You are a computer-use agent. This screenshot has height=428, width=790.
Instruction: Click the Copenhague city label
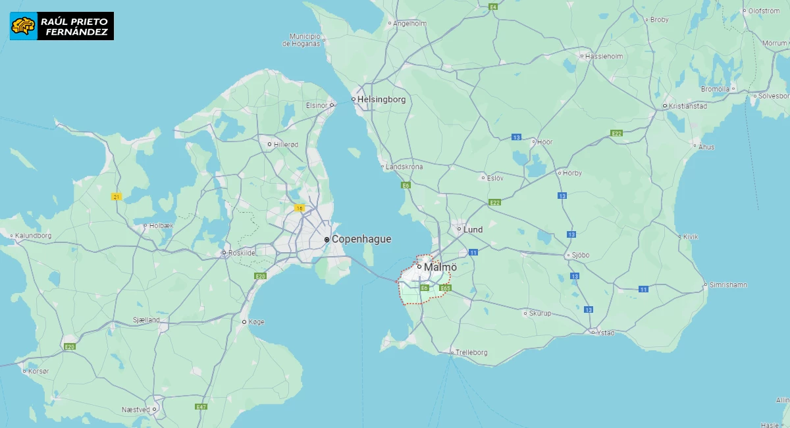(361, 239)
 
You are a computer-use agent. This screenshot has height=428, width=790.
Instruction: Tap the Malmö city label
(440, 267)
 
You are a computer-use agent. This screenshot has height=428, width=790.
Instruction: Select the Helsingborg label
(381, 99)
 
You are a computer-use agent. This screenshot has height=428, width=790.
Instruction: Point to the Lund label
(473, 230)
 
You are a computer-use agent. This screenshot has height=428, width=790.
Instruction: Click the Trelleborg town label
(471, 352)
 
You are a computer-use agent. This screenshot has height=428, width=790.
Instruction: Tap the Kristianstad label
(687, 105)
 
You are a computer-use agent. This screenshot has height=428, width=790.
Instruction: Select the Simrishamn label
(728, 285)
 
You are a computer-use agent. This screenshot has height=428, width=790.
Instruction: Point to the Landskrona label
(404, 167)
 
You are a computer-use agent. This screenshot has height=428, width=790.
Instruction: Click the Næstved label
(136, 409)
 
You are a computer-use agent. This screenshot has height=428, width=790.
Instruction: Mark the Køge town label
(257, 322)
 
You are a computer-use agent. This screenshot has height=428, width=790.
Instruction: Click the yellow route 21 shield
(117, 197)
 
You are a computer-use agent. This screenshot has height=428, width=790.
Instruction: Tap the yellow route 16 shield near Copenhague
(300, 208)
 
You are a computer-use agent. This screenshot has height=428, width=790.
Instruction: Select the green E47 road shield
(201, 407)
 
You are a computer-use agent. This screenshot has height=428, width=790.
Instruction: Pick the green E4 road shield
(492, 7)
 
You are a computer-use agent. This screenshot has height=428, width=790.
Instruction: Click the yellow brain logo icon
(23, 26)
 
